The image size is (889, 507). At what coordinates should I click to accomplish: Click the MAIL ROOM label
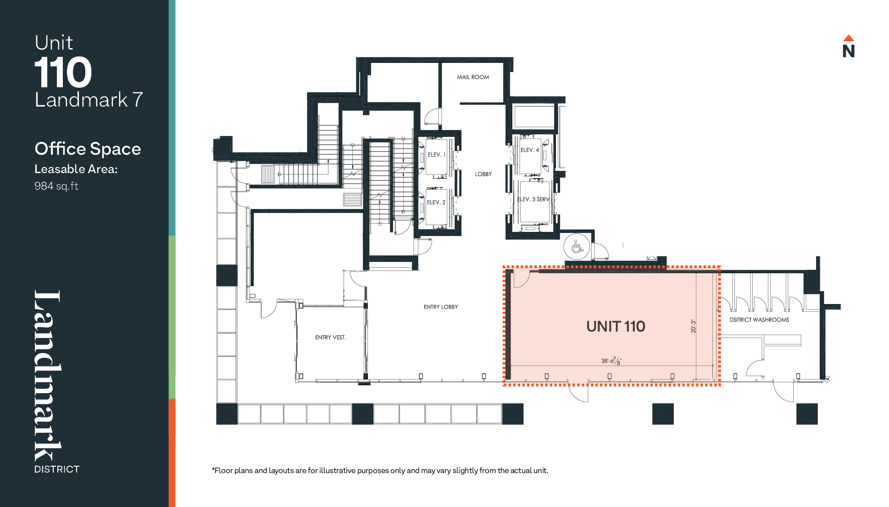pyautogui.click(x=473, y=77)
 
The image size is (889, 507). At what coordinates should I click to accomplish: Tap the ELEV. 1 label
pyautogui.click(x=437, y=155)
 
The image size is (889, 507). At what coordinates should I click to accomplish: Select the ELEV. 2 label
pyautogui.click(x=436, y=202)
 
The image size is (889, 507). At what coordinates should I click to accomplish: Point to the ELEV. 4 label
pyautogui.click(x=530, y=150)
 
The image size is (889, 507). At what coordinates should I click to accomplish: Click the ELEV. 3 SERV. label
pyautogui.click(x=533, y=199)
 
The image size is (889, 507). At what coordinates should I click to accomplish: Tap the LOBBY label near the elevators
pyautogui.click(x=483, y=174)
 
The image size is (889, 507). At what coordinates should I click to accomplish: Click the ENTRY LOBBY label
pyautogui.click(x=441, y=307)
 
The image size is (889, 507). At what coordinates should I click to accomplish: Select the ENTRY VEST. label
pyautogui.click(x=331, y=338)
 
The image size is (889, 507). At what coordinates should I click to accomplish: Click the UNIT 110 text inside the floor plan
pyautogui.click(x=616, y=327)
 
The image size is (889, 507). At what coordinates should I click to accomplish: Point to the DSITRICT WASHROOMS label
pyautogui.click(x=760, y=320)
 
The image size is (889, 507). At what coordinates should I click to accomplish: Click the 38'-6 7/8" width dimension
pyautogui.click(x=611, y=361)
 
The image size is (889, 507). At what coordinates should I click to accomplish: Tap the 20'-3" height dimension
pyautogui.click(x=694, y=327)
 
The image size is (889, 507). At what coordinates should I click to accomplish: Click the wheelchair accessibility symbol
pyautogui.click(x=577, y=247)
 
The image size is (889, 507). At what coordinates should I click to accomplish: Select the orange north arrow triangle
pyautogui.click(x=849, y=38)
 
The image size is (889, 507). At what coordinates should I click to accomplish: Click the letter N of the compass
pyautogui.click(x=849, y=51)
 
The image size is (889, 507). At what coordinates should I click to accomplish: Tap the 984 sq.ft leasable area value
pyautogui.click(x=56, y=186)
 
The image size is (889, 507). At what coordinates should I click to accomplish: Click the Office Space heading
pyautogui.click(x=88, y=149)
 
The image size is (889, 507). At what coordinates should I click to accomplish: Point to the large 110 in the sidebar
pyautogui.click(x=63, y=72)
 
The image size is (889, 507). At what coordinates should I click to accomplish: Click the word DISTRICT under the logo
pyautogui.click(x=57, y=469)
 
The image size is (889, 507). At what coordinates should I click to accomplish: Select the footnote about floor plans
pyautogui.click(x=380, y=470)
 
